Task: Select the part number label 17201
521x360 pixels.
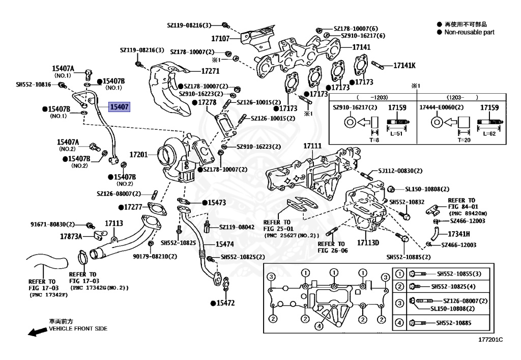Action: click(x=138, y=154)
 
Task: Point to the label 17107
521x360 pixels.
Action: click(x=221, y=38)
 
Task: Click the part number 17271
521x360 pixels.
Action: click(x=210, y=72)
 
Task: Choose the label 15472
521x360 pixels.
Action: click(x=225, y=303)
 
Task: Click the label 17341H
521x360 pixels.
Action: click(x=458, y=234)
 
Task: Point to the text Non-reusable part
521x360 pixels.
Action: click(x=469, y=32)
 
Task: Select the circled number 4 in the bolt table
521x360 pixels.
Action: click(x=399, y=323)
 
